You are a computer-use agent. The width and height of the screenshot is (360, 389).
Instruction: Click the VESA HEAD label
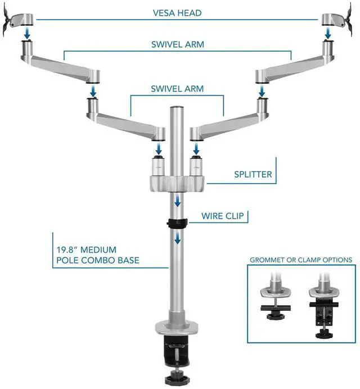coord(178,13)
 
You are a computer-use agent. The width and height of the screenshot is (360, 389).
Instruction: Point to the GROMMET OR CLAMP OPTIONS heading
coord(301,260)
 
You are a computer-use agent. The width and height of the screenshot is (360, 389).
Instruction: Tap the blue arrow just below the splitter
coord(177,201)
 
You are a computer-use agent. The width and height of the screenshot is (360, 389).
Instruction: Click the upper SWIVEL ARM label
coord(178,44)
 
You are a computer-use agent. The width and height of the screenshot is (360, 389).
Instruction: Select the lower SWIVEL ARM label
coord(177,89)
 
